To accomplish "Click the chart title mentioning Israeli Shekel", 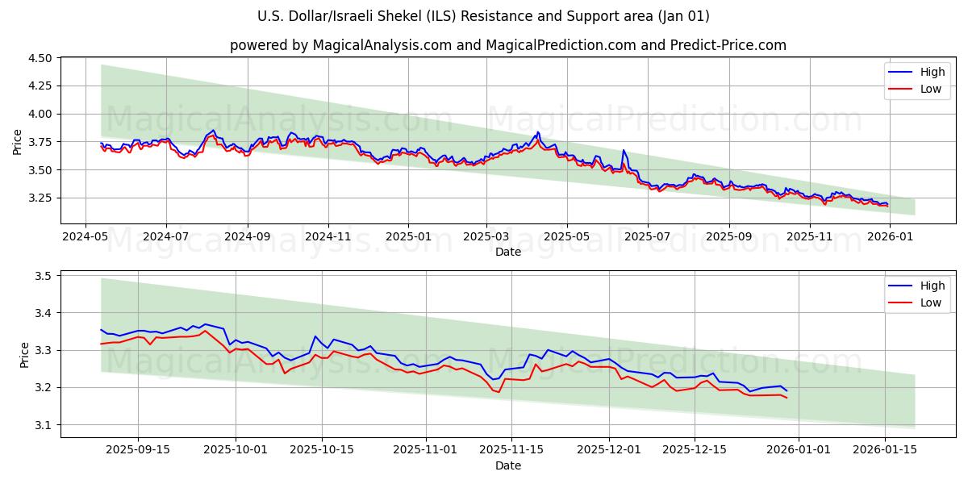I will tap(484, 16).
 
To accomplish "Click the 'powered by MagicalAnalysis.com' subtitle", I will tap(508, 45).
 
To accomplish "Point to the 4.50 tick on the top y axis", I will tap(39, 58).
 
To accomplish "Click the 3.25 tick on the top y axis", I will tap(39, 198).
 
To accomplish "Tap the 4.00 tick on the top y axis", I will tap(39, 114).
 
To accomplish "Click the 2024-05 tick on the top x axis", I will tap(86, 236).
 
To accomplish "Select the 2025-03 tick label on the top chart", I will tap(486, 236).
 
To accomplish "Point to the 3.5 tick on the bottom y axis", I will tap(42, 276).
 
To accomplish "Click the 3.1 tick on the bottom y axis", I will tap(42, 425).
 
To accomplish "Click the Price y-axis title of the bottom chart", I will tap(24, 354).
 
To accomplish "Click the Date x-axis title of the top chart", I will tap(508, 252).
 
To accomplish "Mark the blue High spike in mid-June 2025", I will tap(623, 151).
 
